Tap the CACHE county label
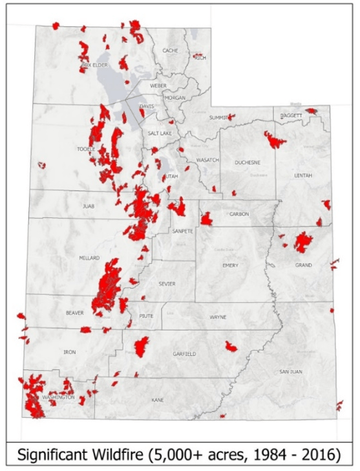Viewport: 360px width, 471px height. (x=170, y=50)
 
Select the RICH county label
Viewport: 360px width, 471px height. (x=200, y=58)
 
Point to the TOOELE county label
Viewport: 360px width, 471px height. (x=86, y=149)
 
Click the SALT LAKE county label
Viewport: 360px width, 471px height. (x=160, y=133)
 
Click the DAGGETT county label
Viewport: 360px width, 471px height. (x=291, y=115)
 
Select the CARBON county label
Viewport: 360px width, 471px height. (x=238, y=214)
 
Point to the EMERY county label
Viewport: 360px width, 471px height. (x=230, y=265)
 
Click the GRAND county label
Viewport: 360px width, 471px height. (x=304, y=265)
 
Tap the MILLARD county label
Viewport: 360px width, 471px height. (x=89, y=258)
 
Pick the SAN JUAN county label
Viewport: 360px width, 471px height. (x=291, y=371)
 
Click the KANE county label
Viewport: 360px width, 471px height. (x=157, y=400)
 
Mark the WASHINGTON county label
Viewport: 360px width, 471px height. (x=58, y=397)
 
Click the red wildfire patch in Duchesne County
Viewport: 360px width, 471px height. (x=275, y=139)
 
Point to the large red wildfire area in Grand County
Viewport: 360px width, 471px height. (x=302, y=241)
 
